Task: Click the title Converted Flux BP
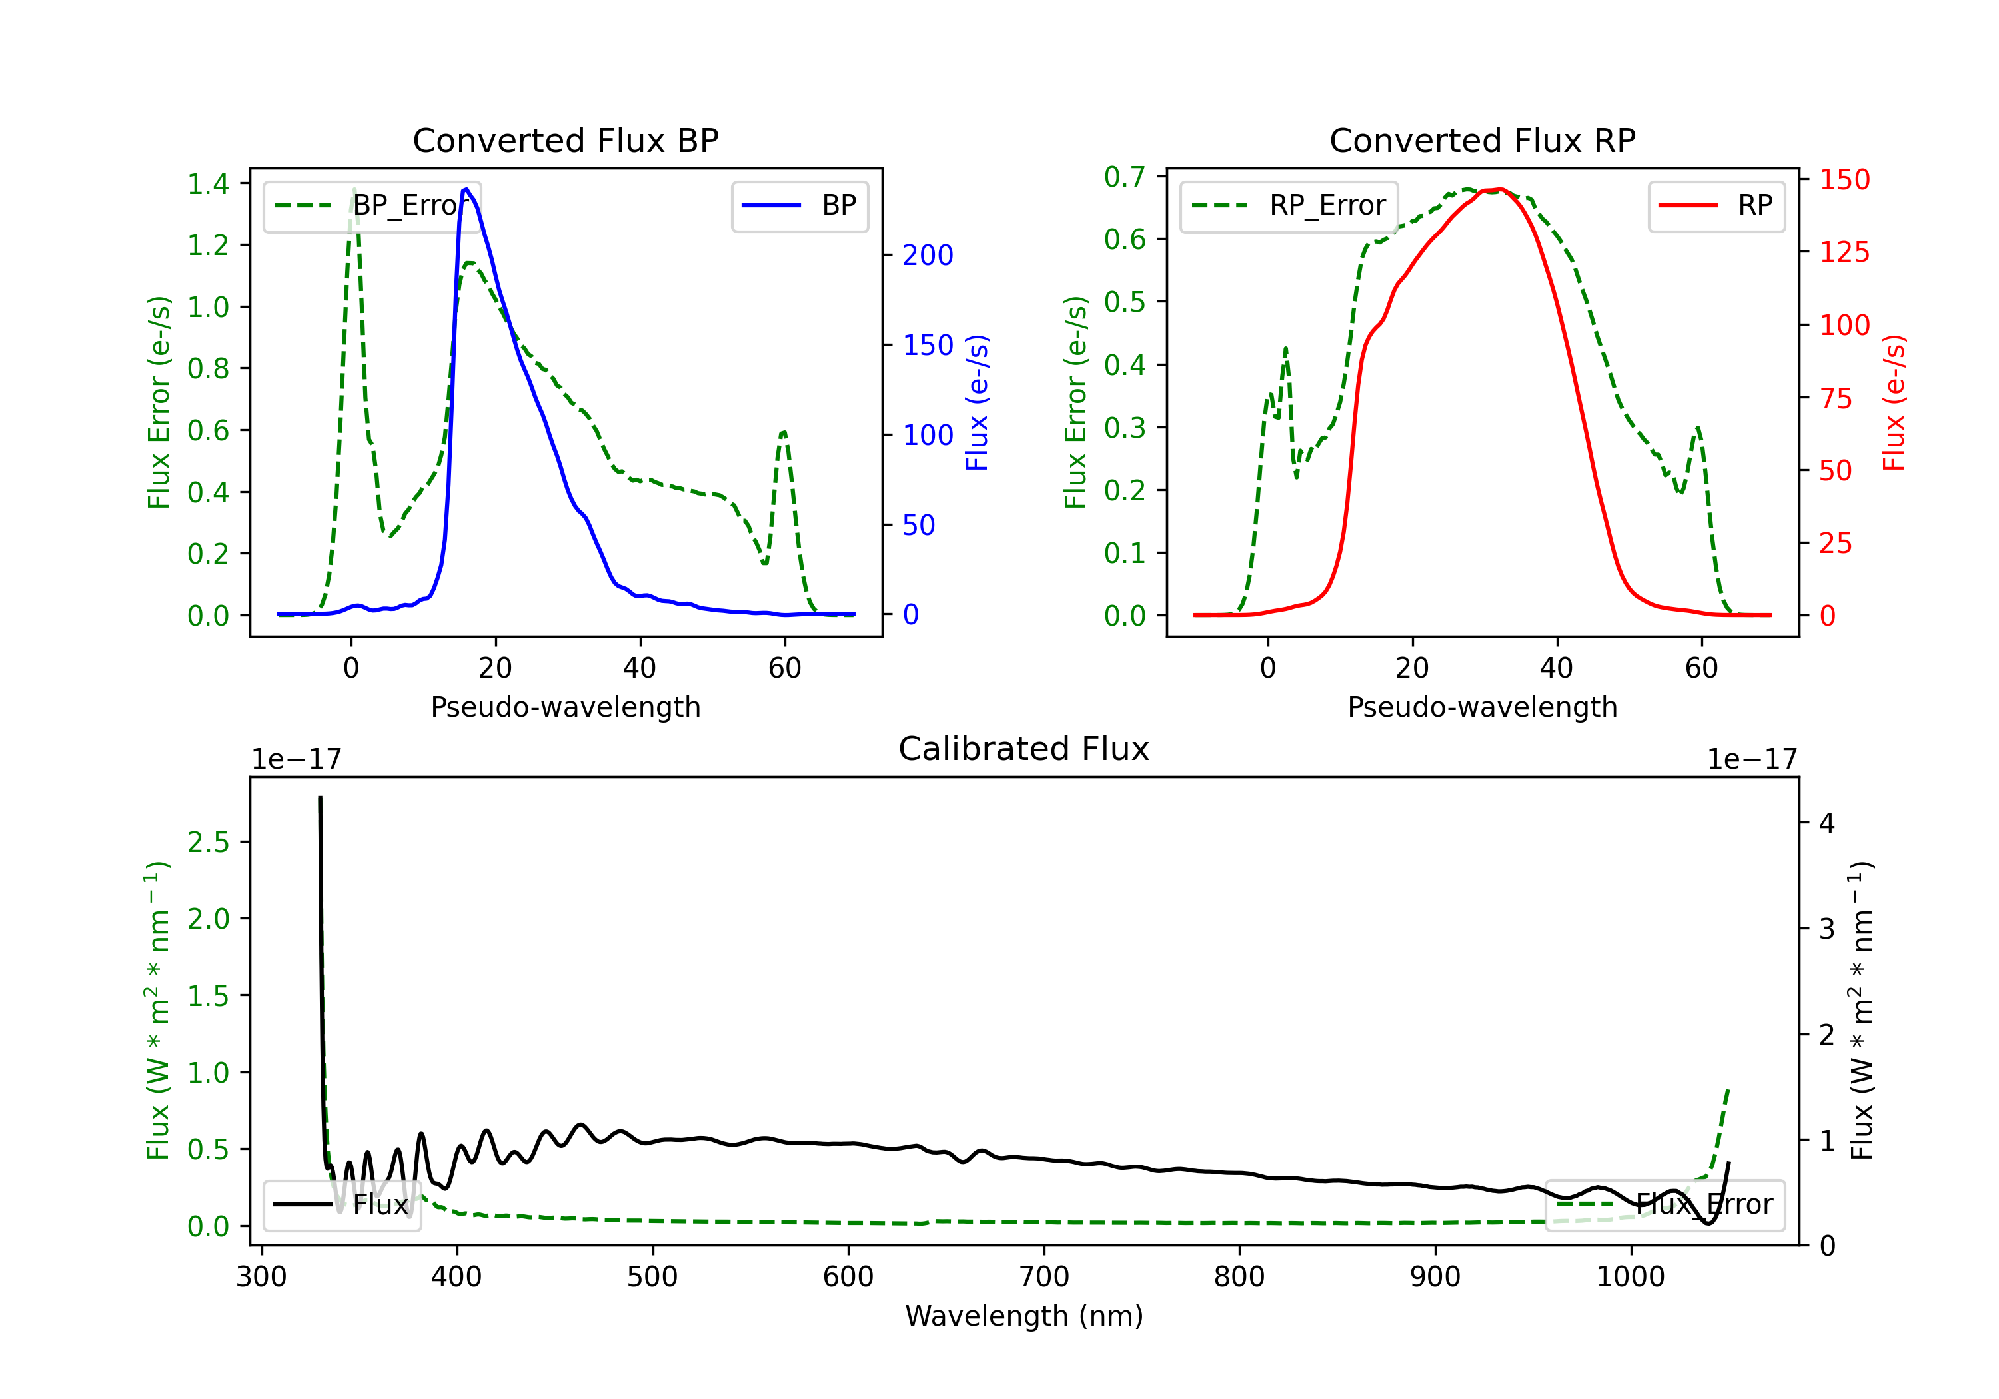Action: tap(565, 140)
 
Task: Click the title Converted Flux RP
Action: tap(1482, 140)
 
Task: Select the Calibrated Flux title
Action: tap(1024, 749)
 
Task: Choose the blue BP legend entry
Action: tap(799, 205)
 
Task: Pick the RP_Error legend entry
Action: tap(1289, 205)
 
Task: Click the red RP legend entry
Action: tap(1716, 205)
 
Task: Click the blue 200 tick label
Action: tap(928, 255)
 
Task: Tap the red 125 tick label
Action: tap(1845, 252)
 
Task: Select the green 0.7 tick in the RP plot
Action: tap(1125, 177)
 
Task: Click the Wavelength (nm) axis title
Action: tap(1024, 1316)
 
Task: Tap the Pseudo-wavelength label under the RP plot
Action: tap(1482, 707)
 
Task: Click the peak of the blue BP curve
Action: tap(466, 189)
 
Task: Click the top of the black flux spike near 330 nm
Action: tap(321, 797)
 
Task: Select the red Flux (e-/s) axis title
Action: tap(1894, 402)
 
